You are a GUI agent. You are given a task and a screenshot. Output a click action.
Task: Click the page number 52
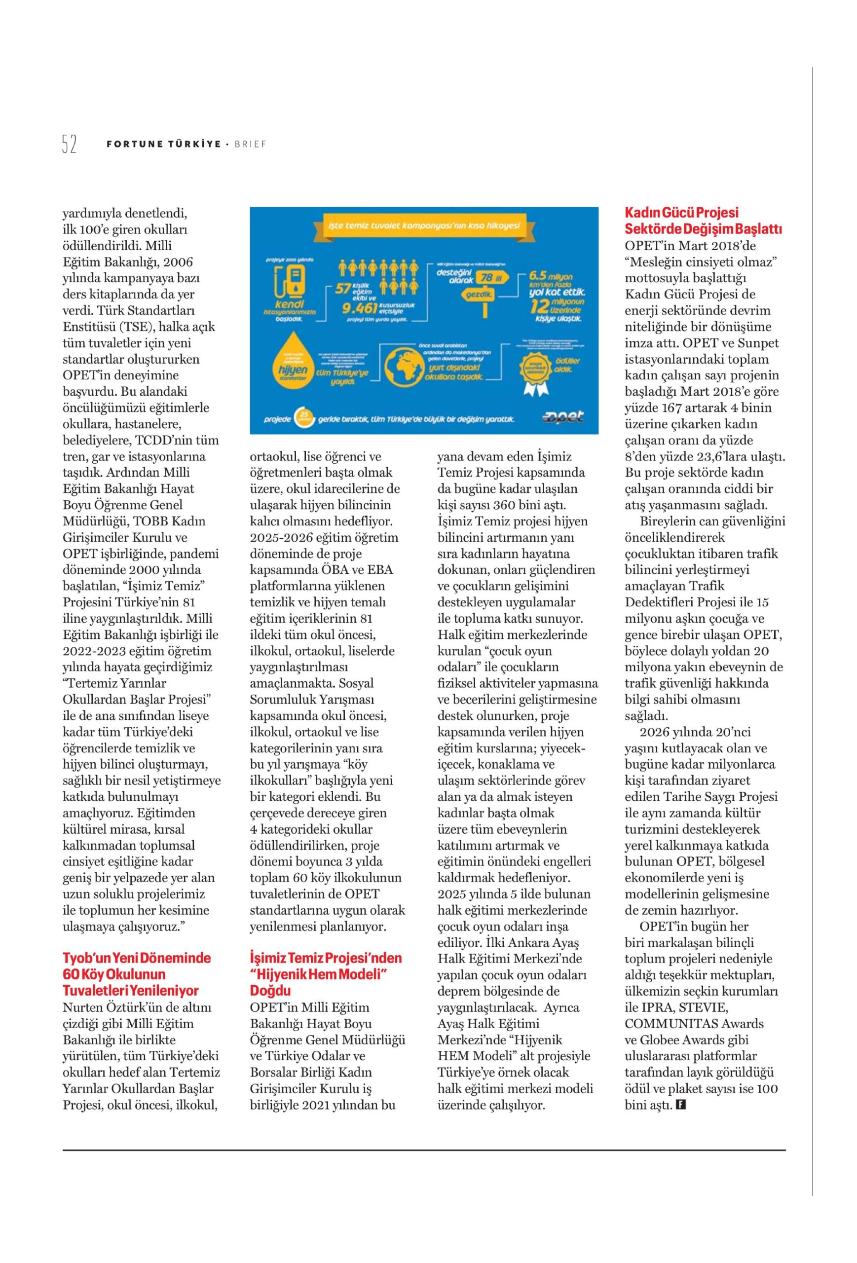coord(69,145)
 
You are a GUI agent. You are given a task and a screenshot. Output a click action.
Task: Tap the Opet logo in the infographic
coord(563,417)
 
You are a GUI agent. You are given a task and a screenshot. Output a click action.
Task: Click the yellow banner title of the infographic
coord(424,225)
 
